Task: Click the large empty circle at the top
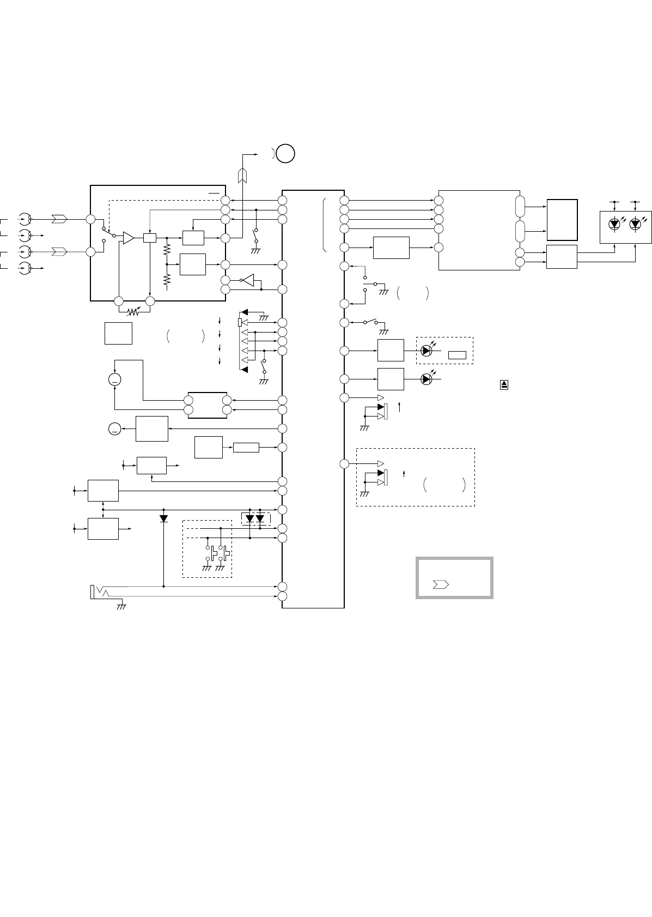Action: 285,154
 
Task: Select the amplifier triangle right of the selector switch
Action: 129,238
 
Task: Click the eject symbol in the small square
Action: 504,385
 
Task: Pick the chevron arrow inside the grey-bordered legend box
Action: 440,584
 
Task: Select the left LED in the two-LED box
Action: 614,224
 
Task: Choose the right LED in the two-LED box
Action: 635,224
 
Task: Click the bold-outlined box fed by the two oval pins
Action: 562,220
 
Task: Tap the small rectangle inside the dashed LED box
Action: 457,355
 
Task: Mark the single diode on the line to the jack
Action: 164,517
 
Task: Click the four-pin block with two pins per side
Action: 208,405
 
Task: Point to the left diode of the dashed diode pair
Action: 250,518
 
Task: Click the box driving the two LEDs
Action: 562,256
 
